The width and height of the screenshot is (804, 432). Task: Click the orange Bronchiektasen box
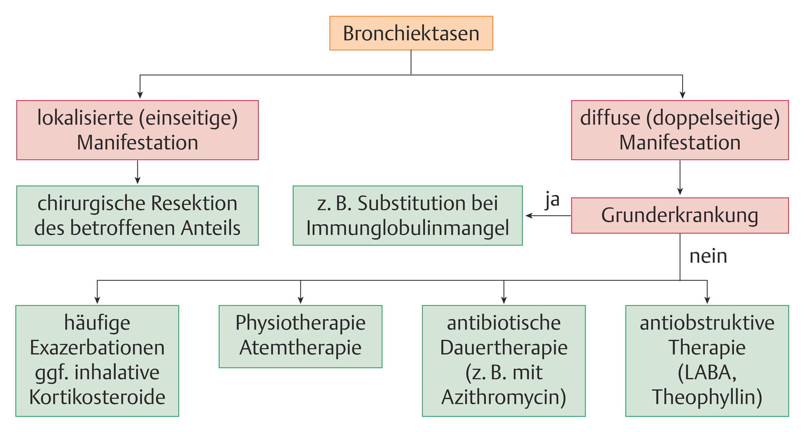(x=411, y=33)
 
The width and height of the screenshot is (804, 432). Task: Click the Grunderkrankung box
(x=680, y=216)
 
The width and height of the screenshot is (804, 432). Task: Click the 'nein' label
(x=708, y=256)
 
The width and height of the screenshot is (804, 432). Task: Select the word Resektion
(x=194, y=203)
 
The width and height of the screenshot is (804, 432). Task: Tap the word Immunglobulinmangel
(x=407, y=228)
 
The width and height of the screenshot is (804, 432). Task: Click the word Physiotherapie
(x=300, y=323)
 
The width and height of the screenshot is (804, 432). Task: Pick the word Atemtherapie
(x=300, y=348)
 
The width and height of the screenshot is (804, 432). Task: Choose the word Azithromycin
(x=504, y=397)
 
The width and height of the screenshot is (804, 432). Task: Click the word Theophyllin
(x=707, y=397)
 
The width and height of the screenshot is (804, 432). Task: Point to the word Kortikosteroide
(x=97, y=397)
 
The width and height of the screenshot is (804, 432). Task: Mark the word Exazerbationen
(x=97, y=348)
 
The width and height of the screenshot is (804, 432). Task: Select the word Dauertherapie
(x=504, y=348)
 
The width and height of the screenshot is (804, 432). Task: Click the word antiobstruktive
(x=707, y=323)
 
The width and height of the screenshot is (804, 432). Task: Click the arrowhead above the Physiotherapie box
(x=300, y=300)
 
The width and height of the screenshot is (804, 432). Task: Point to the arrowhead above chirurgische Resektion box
(x=137, y=181)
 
